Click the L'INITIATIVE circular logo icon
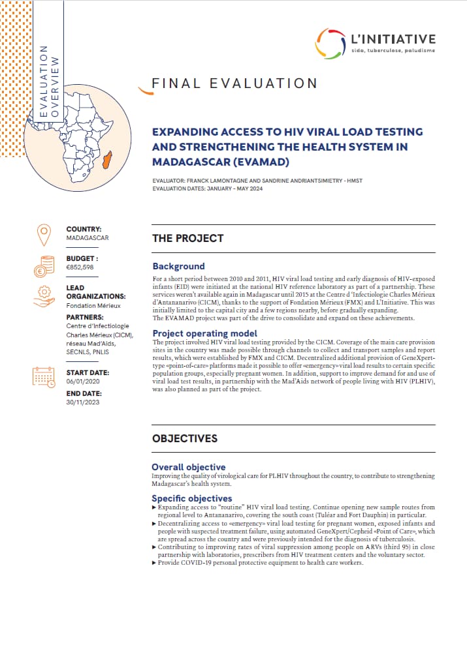coord(330,44)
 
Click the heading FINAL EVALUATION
coord(234,83)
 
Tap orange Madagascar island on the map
coord(106,158)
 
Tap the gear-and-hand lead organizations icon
coord(44,297)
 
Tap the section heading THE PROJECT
coord(187,239)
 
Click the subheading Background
coord(178,266)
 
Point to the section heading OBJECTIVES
coord(185,438)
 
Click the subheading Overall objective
coord(189,467)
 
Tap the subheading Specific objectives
coord(191,498)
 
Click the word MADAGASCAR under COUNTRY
coord(88,238)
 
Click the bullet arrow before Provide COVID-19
coord(153,562)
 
